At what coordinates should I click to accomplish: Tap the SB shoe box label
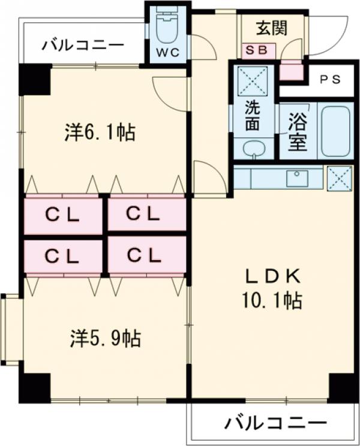pyautogui.click(x=259, y=50)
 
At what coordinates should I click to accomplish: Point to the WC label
pyautogui.click(x=167, y=52)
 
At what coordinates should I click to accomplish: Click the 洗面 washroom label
pyautogui.click(x=253, y=116)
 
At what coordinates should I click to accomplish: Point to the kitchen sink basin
pyautogui.click(x=297, y=178)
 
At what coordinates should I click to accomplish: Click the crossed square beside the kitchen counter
pyautogui.click(x=339, y=178)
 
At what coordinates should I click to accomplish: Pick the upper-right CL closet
pyautogui.click(x=146, y=214)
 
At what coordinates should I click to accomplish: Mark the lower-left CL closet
pyautogui.click(x=62, y=256)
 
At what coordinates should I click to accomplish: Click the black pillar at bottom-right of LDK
pyautogui.click(x=343, y=387)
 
